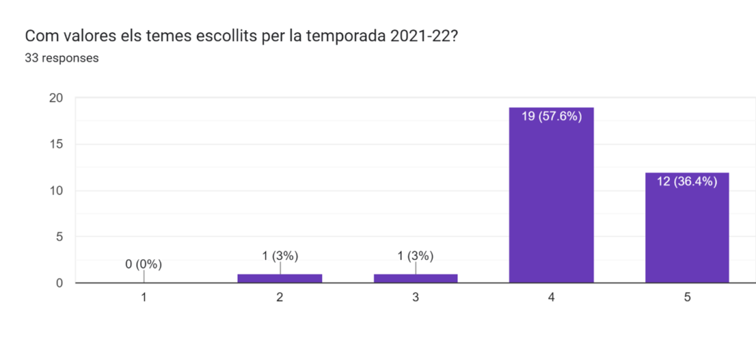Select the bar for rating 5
[x=687, y=228]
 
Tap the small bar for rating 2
[x=280, y=278]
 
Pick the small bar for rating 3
[x=415, y=278]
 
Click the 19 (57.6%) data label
[x=552, y=117]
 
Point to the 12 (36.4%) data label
[x=687, y=181]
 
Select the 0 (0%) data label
[x=143, y=264]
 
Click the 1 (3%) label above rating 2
[x=280, y=256]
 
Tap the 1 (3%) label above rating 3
[x=415, y=256]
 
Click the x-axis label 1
[x=143, y=298]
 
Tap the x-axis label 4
[x=552, y=298]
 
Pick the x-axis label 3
[x=415, y=298]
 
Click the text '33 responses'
[x=62, y=58]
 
